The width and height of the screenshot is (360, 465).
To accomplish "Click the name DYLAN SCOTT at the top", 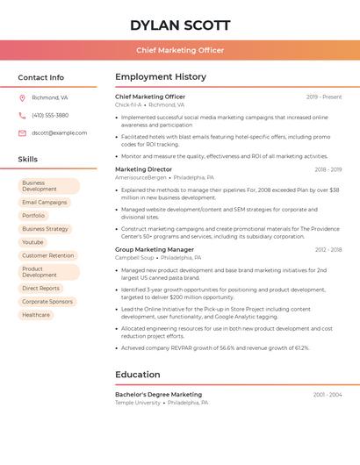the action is point(180,25).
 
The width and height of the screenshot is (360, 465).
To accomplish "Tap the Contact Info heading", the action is point(41,77).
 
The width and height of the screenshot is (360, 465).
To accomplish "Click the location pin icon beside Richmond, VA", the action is point(22,97).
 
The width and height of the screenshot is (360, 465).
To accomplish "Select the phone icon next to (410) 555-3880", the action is point(22,115).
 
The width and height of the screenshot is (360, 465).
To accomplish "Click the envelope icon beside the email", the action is point(22,132).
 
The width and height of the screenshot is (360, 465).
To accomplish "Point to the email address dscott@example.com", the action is point(59,132).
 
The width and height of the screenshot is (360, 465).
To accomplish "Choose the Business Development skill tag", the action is point(49,186).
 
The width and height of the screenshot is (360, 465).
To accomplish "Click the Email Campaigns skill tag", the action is point(45,202).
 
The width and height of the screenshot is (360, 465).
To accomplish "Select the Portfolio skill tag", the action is point(33,215).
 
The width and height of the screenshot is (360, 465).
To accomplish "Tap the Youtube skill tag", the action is point(32,242).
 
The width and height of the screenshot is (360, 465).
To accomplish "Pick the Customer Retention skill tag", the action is point(48,255).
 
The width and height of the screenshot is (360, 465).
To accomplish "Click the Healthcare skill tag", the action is point(36,315).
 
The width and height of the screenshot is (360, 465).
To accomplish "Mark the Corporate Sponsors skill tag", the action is point(47,301).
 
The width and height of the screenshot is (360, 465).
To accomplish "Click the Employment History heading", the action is point(161,77).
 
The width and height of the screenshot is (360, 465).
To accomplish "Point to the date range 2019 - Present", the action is point(324,97).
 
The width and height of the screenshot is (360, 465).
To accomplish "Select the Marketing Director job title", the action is point(144,169).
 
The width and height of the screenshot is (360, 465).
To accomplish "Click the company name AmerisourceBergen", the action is point(140,177).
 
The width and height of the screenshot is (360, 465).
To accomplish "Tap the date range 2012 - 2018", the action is point(328,249).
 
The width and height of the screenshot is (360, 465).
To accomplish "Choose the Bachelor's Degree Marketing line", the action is point(158,395).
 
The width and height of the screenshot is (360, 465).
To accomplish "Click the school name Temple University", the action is point(138,403).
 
